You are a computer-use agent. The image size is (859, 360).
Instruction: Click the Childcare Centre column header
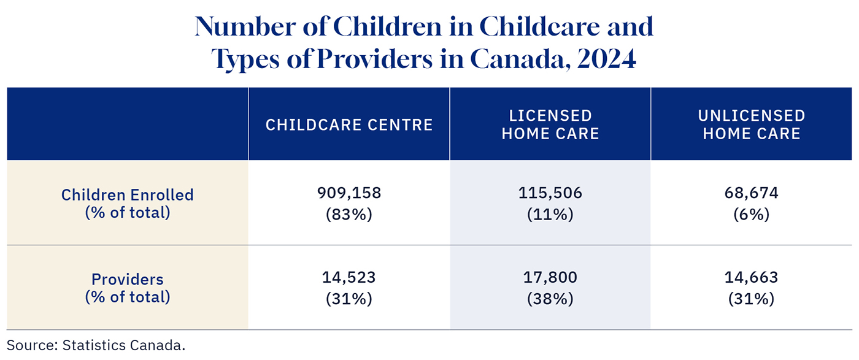pos(349,125)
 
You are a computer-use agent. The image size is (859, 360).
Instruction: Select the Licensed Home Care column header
pos(550,124)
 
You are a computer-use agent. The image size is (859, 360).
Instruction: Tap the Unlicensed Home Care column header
pos(752,124)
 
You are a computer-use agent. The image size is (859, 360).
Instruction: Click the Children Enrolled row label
pos(128,204)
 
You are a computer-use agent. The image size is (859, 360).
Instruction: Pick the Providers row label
pos(128,288)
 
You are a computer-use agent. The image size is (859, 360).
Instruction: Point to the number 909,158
pos(349,194)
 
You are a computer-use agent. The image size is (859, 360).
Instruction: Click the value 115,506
pos(550,194)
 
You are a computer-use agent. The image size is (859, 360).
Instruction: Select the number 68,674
pos(752,194)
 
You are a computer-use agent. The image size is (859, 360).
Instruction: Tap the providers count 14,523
pos(349,278)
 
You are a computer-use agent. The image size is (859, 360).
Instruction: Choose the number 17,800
pos(550,278)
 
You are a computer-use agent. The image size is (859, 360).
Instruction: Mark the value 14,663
pos(752,278)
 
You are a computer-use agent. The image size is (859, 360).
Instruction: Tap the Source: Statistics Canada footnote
pos(96,345)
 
